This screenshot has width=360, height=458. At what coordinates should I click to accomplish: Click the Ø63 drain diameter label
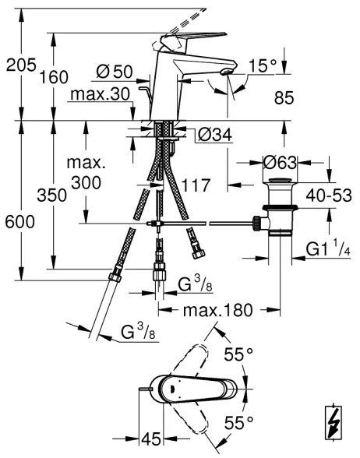[x=280, y=164]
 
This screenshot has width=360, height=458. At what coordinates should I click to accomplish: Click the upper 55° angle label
[x=238, y=355]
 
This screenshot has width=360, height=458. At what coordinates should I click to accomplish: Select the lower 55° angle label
[x=238, y=423]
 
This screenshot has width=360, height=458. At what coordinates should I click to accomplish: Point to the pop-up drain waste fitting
[x=278, y=208]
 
